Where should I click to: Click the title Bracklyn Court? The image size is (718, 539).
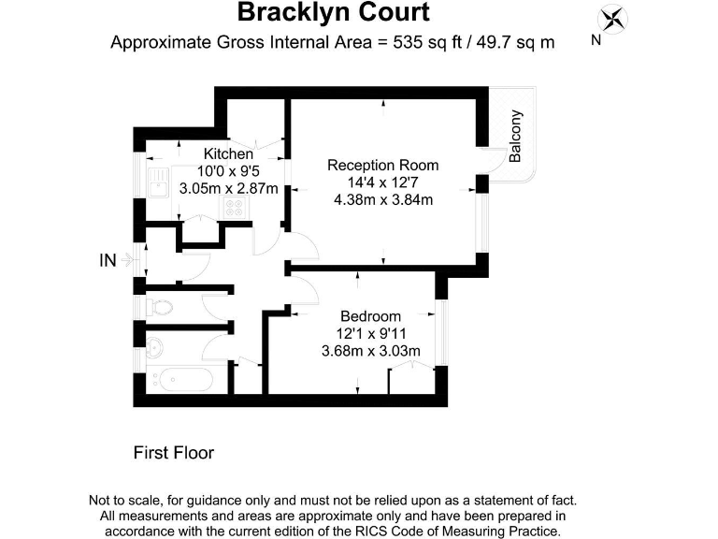(334, 13)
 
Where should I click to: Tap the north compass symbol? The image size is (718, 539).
(613, 20)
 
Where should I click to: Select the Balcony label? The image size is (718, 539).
(515, 137)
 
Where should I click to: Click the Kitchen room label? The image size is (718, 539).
(228, 153)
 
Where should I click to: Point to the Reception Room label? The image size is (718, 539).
(382, 165)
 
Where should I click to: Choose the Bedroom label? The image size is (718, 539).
(370, 316)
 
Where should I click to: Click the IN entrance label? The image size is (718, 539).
(108, 261)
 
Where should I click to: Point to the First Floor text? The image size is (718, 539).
(174, 453)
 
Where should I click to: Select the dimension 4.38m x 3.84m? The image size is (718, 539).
(382, 199)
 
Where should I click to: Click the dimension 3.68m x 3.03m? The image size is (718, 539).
(370, 351)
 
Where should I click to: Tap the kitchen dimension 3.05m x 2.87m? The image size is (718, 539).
(228, 188)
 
